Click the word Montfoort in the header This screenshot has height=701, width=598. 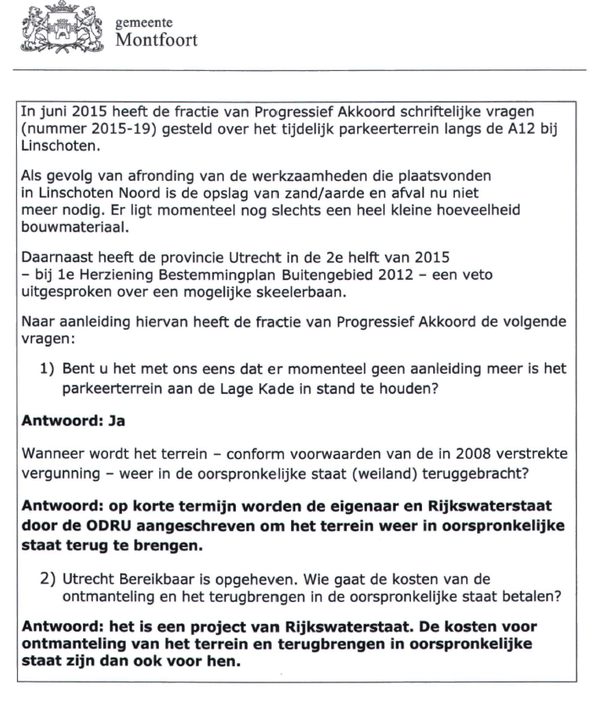coord(156,39)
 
